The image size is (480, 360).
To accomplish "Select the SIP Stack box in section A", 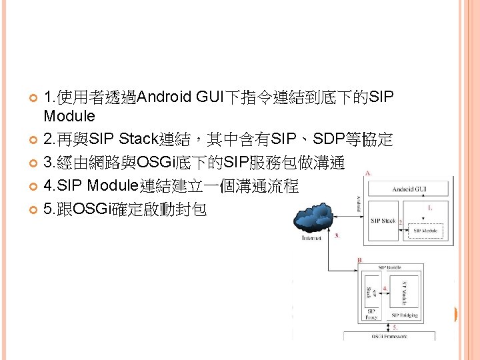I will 383,221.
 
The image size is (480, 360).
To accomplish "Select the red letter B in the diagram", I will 360,260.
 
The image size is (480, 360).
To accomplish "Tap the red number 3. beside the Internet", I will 337,235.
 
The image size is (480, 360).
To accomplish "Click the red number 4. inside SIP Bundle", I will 385,289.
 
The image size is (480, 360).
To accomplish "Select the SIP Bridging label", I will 405,315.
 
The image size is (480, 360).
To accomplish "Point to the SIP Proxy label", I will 371,313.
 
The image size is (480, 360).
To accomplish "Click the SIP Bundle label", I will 391,267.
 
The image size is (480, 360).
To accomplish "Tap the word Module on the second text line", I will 69,116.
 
